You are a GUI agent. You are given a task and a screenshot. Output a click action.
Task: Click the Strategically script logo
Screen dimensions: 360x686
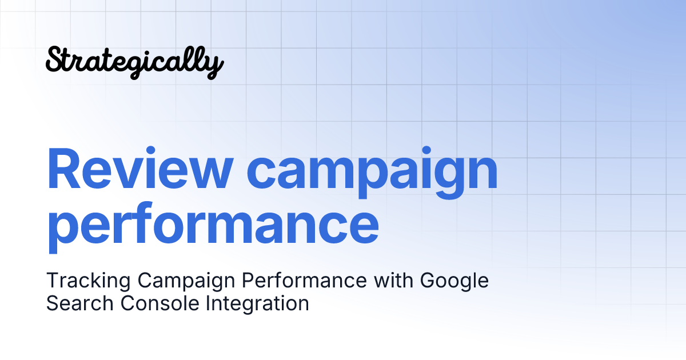tap(134, 62)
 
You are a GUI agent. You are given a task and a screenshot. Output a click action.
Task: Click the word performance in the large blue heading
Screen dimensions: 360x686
tap(213, 226)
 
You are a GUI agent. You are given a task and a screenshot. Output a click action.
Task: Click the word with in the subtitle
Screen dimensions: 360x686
tap(394, 281)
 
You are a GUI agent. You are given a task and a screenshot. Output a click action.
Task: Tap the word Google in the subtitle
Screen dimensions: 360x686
tap(455, 282)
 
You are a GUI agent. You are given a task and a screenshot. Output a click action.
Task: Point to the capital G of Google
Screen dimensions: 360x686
tap(430, 281)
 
